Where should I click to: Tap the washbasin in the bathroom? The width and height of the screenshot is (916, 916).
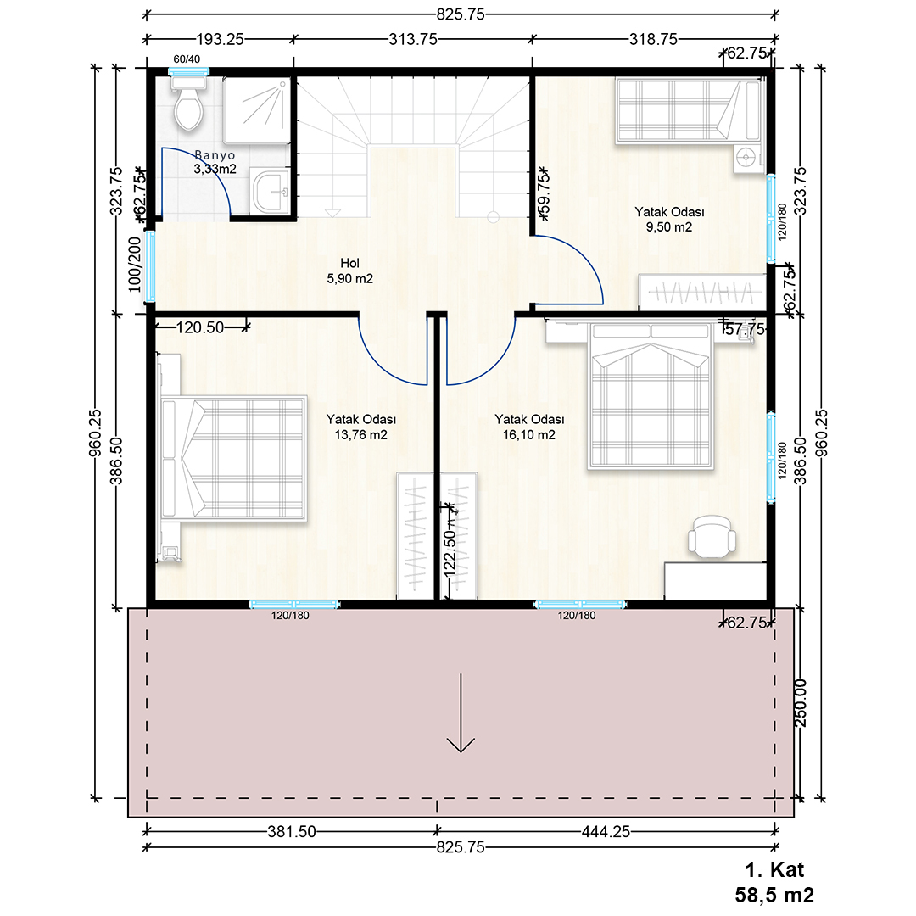[x=271, y=191]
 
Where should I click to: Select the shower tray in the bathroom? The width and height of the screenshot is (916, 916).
[x=257, y=110]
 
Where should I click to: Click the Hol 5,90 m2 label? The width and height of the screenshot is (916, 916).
[x=350, y=271]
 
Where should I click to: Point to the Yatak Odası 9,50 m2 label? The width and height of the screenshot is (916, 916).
[x=669, y=219]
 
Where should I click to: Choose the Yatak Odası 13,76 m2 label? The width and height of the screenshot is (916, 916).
[x=361, y=427]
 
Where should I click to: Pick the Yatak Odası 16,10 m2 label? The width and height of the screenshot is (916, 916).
[x=529, y=427]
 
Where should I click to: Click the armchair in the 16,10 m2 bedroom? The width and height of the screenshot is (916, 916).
[x=712, y=536]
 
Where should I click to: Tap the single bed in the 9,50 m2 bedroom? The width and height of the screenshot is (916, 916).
[x=689, y=110]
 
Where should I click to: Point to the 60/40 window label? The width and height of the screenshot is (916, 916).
[x=187, y=59]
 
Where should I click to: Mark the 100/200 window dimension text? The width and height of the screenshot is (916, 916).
[x=135, y=264]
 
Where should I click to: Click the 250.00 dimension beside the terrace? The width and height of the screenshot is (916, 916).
[x=801, y=703]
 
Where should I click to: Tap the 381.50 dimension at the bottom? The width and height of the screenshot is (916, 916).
[x=292, y=831]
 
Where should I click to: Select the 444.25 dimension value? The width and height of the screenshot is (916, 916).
[x=606, y=831]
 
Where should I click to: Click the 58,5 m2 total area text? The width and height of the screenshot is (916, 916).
[x=774, y=895]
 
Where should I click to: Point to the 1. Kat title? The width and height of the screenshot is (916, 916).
[x=774, y=870]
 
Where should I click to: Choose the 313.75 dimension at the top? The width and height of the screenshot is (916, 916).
[x=413, y=39]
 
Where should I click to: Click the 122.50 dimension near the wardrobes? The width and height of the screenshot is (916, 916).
[x=450, y=553]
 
